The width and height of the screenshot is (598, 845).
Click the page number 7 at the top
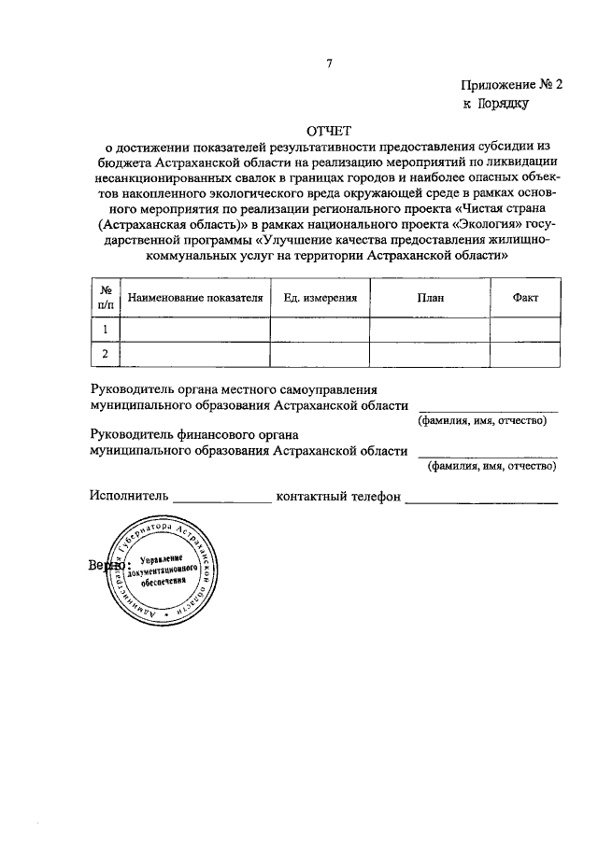(329, 63)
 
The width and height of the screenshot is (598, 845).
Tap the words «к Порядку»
(496, 104)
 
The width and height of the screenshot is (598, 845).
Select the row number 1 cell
(106, 330)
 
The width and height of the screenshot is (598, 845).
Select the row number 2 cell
(106, 354)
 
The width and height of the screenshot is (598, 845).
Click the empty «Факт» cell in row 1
(526, 330)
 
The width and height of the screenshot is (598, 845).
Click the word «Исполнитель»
(129, 496)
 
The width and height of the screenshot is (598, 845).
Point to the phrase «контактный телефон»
(338, 496)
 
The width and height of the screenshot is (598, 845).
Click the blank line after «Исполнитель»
(221, 500)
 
